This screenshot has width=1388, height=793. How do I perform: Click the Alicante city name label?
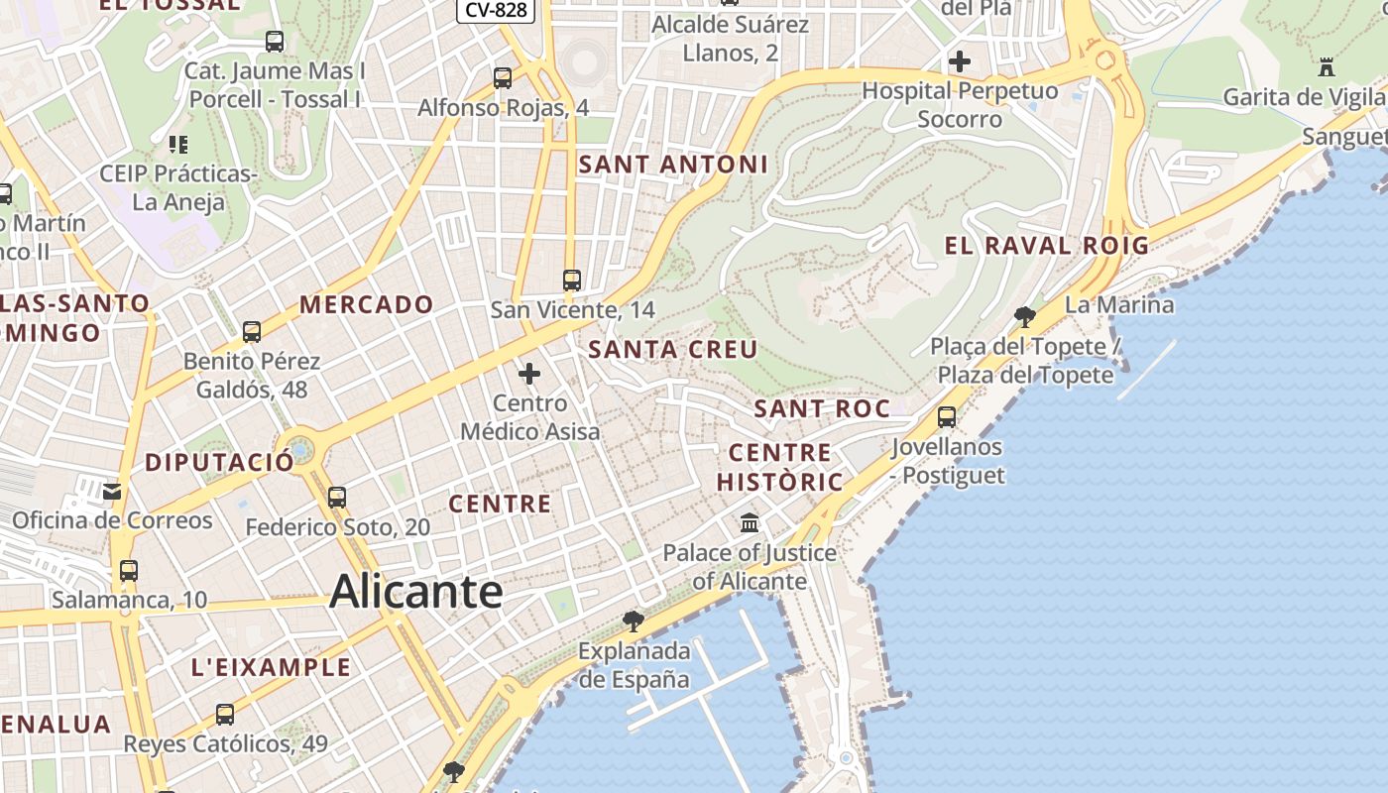point(415,592)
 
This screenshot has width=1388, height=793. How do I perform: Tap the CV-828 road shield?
point(496,10)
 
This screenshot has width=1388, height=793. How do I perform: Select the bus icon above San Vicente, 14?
point(572,281)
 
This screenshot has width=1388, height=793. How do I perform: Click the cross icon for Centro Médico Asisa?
point(529,374)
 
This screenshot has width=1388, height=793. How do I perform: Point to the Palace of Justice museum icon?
point(750,522)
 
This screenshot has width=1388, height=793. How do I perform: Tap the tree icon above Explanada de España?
point(633,622)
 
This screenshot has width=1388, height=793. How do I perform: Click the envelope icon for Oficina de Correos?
point(112,491)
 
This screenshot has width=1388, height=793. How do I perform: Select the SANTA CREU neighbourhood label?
point(672,349)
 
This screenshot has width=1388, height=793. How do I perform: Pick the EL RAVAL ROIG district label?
point(1046,246)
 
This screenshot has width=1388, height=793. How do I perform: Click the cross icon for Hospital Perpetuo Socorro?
point(959,61)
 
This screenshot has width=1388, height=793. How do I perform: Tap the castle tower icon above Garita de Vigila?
point(1327,67)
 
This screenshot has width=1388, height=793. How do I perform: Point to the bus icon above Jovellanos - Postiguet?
point(947,416)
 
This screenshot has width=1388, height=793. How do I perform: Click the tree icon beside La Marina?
point(1025,317)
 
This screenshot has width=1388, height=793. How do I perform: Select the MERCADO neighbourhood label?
point(367,304)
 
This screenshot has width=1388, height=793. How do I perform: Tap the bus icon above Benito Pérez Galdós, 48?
point(252,331)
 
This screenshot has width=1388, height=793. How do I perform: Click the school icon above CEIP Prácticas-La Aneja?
point(178,145)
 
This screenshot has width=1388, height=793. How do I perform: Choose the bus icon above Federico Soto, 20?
point(337,497)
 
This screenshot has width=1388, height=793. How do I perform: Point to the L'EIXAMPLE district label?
point(271,667)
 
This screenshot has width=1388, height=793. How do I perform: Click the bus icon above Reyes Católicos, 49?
point(225,714)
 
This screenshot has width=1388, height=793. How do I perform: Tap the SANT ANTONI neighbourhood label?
point(673,164)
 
